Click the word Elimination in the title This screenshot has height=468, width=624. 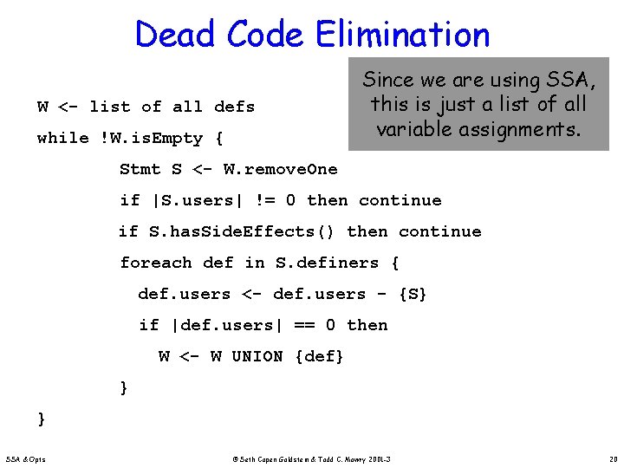403,35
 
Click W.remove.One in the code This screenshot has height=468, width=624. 280,169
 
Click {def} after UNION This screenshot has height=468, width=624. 320,356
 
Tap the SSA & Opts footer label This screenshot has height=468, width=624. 27,458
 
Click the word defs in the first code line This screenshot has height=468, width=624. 234,107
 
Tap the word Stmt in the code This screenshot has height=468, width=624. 140,169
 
